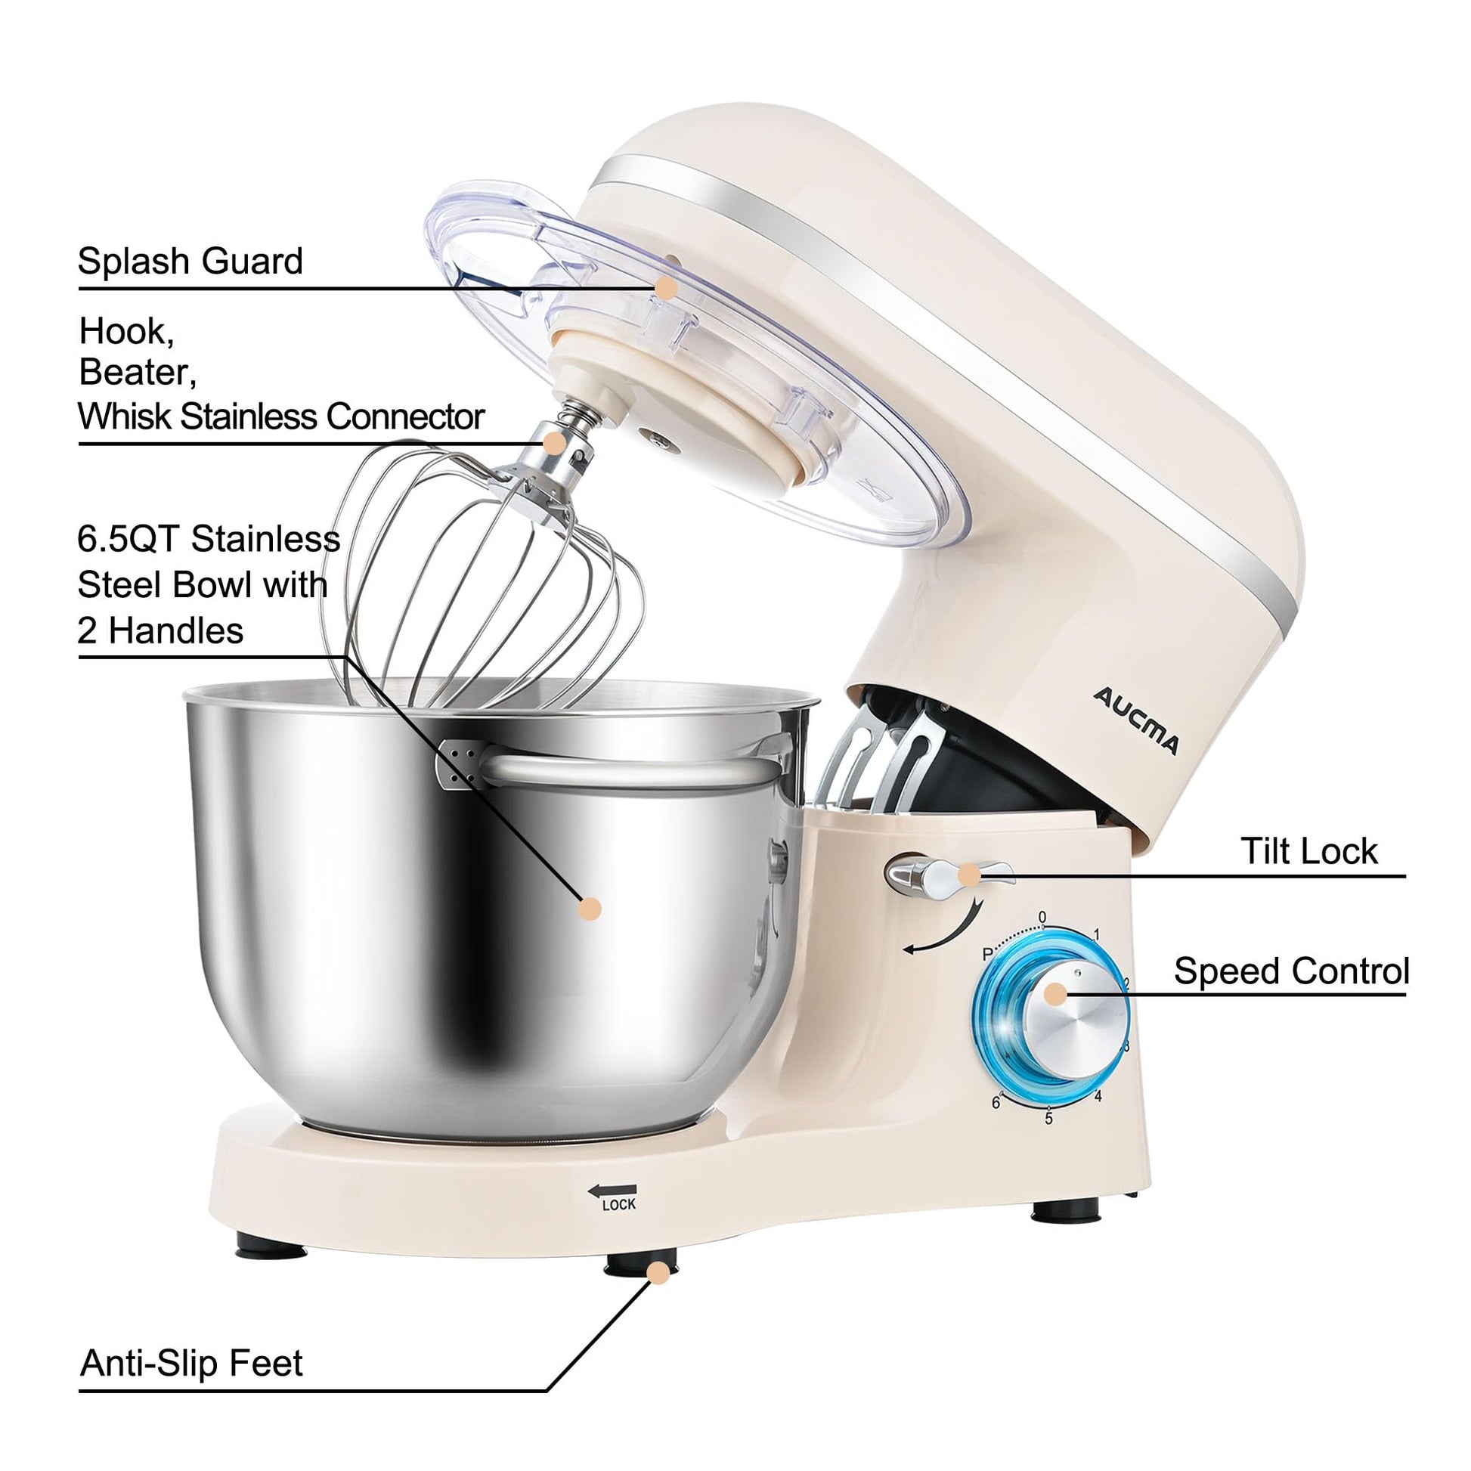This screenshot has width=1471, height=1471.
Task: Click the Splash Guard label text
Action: [x=190, y=261]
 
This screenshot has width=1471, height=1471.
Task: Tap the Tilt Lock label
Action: [x=1308, y=851]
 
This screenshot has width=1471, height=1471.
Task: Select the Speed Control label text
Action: [x=1291, y=971]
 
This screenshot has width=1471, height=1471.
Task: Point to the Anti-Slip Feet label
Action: [x=191, y=1363]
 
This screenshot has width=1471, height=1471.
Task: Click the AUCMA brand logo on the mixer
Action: [x=1135, y=720]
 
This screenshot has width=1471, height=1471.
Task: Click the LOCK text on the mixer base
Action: [x=618, y=1204]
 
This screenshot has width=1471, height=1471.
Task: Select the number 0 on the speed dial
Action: [x=1042, y=918]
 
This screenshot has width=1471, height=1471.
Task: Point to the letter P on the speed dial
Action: [x=987, y=954]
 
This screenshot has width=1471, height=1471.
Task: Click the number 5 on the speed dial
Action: [x=1048, y=1119]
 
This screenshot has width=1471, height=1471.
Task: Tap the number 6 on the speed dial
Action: [x=996, y=1102]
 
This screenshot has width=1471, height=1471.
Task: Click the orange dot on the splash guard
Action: [x=666, y=288]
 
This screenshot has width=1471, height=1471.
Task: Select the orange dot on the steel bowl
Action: [x=590, y=909]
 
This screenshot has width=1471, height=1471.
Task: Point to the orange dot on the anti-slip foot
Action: [x=658, y=1272]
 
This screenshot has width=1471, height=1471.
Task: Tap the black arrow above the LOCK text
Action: [x=612, y=1189]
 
